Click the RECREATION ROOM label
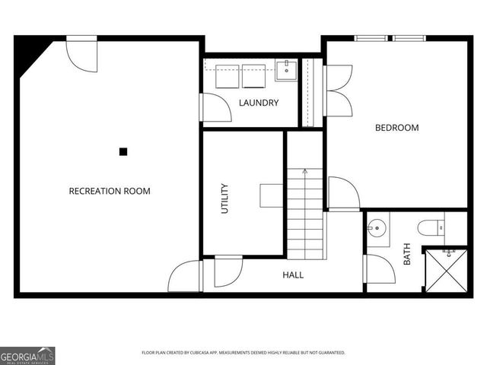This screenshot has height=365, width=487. tap(110, 191)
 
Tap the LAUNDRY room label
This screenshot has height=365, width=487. tap(259, 103)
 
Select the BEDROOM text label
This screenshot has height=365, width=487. tap(396, 128)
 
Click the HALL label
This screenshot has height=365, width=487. tap(293, 275)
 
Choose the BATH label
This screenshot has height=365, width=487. tap(407, 253)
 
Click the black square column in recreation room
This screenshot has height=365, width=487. tap(123, 151)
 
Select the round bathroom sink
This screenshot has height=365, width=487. tap(378, 227)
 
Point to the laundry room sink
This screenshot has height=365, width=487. tap(285, 70)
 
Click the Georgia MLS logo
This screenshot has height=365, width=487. tap(27, 355)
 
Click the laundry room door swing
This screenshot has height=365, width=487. tap(215, 107)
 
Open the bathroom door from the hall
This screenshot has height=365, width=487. tap(378, 269)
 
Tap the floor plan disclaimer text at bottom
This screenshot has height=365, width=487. tap(243, 353)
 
